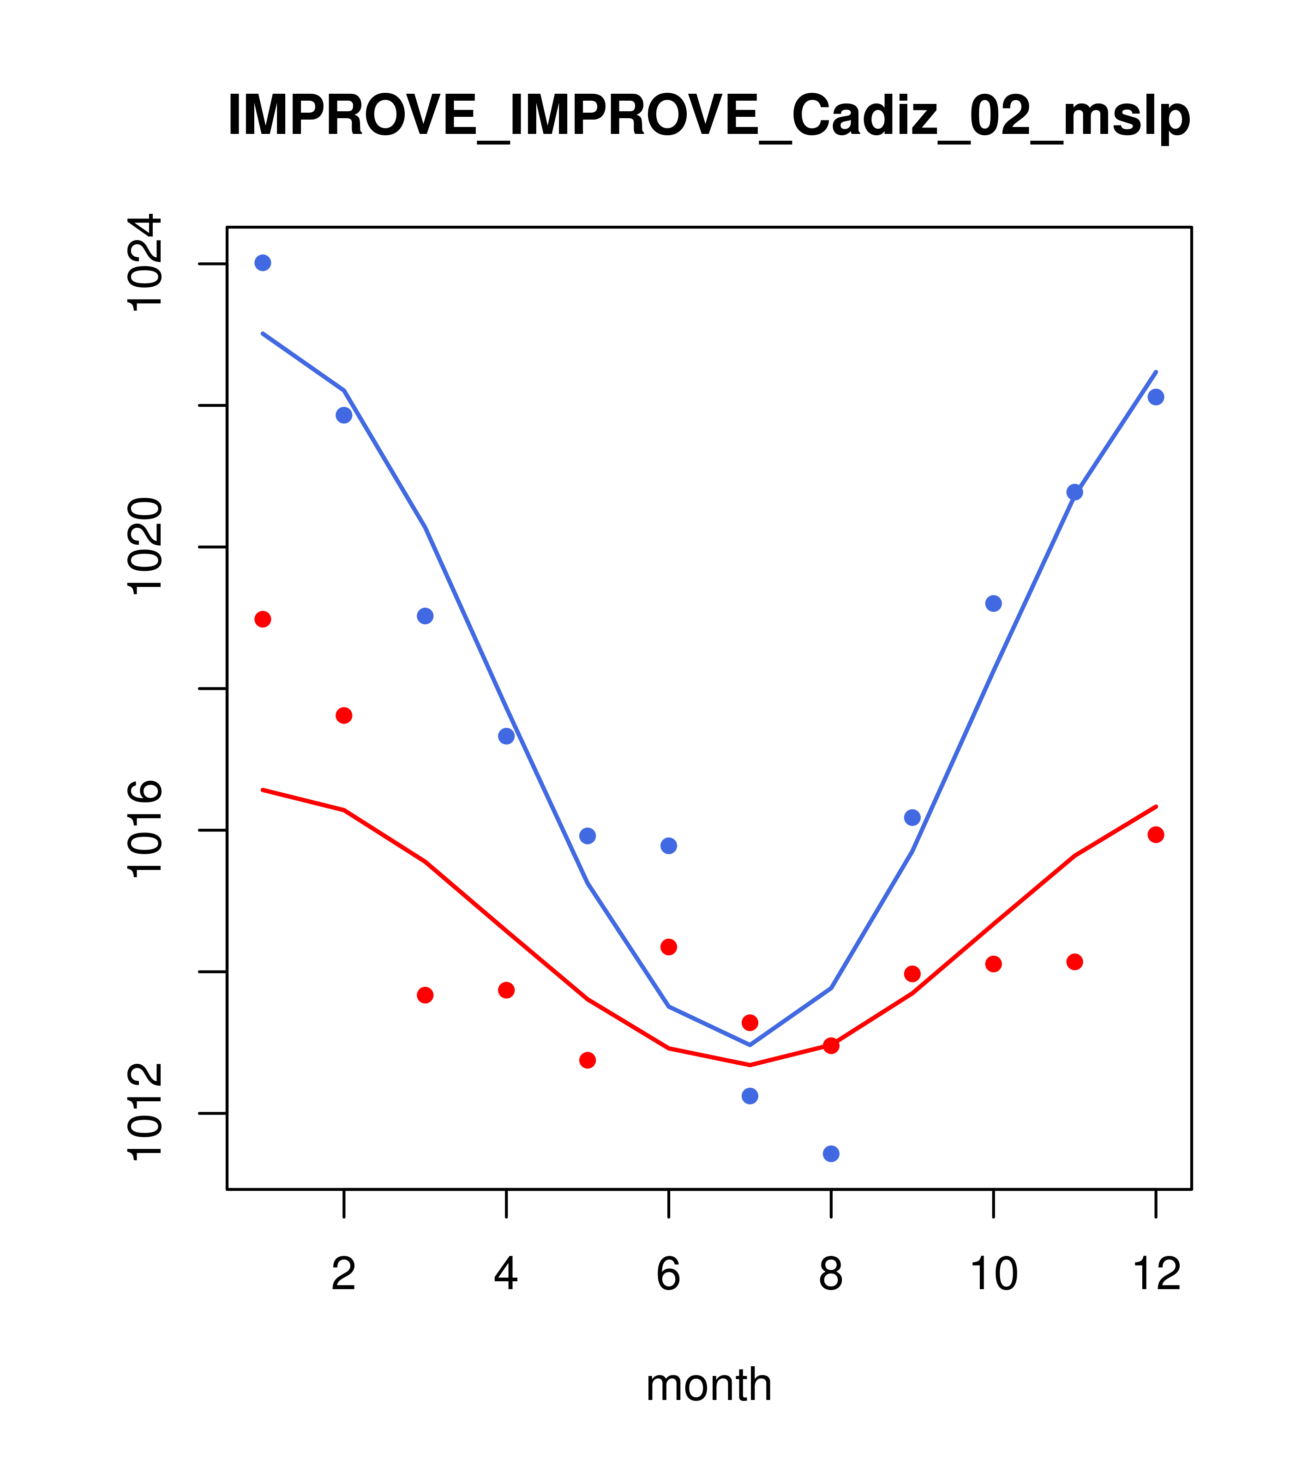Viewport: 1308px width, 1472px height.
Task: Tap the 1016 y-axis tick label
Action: [x=144, y=830]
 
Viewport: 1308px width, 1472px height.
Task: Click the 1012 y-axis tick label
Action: [x=144, y=1113]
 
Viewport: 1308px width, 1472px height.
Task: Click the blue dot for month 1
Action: [x=263, y=263]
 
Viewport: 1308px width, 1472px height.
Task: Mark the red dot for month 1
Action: [x=263, y=619]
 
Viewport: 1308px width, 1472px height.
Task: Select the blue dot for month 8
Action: [x=831, y=1154]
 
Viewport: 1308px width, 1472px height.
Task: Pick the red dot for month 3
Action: [x=426, y=995]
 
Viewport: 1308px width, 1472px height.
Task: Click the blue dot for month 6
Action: [x=669, y=845]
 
